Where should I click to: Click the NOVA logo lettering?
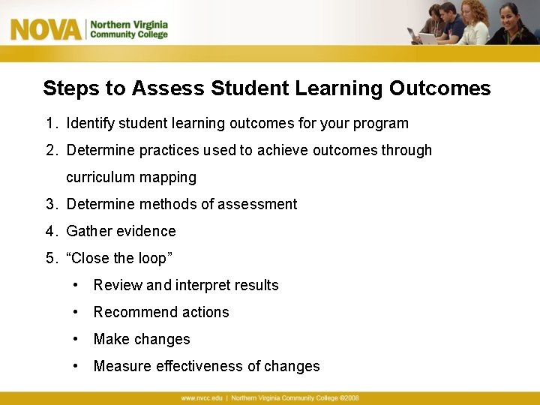click(46, 29)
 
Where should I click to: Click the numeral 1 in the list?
click(49, 123)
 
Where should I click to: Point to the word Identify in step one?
click(91, 123)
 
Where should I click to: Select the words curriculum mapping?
click(131, 177)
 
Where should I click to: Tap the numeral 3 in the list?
click(49, 204)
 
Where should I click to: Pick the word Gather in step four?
click(88, 231)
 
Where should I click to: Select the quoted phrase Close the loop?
click(120, 258)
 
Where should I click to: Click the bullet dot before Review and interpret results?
click(76, 285)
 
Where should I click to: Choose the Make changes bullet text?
click(142, 339)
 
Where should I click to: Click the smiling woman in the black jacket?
click(514, 25)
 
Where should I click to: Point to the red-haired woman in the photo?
click(475, 22)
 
